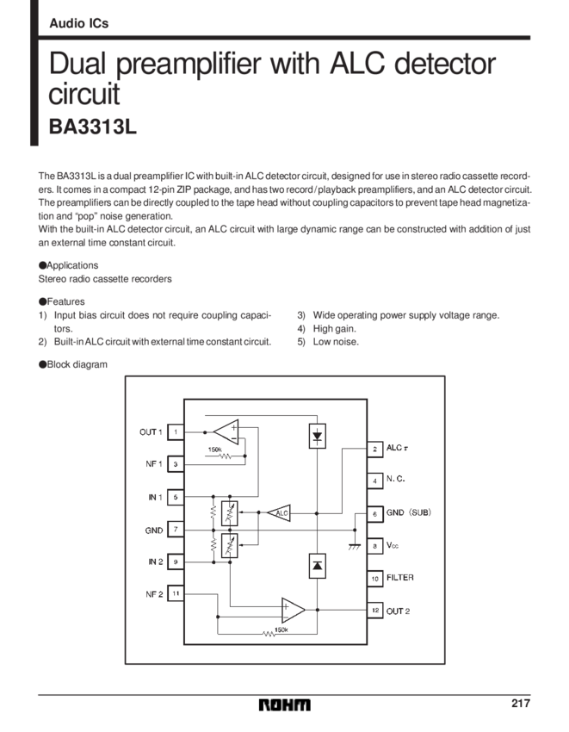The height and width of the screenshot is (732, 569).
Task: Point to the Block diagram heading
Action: [x=71, y=365]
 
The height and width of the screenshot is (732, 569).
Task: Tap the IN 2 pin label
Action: [x=154, y=561]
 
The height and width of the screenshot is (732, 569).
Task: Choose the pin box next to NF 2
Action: [x=175, y=593]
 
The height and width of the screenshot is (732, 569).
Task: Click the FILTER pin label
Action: [x=400, y=578]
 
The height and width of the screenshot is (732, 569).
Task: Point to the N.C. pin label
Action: [x=396, y=481]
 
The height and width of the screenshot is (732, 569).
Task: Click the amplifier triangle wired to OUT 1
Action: [x=227, y=428]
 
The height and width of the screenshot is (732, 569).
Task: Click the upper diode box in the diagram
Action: [x=317, y=435]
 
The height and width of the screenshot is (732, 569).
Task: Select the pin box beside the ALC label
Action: [x=374, y=449]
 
